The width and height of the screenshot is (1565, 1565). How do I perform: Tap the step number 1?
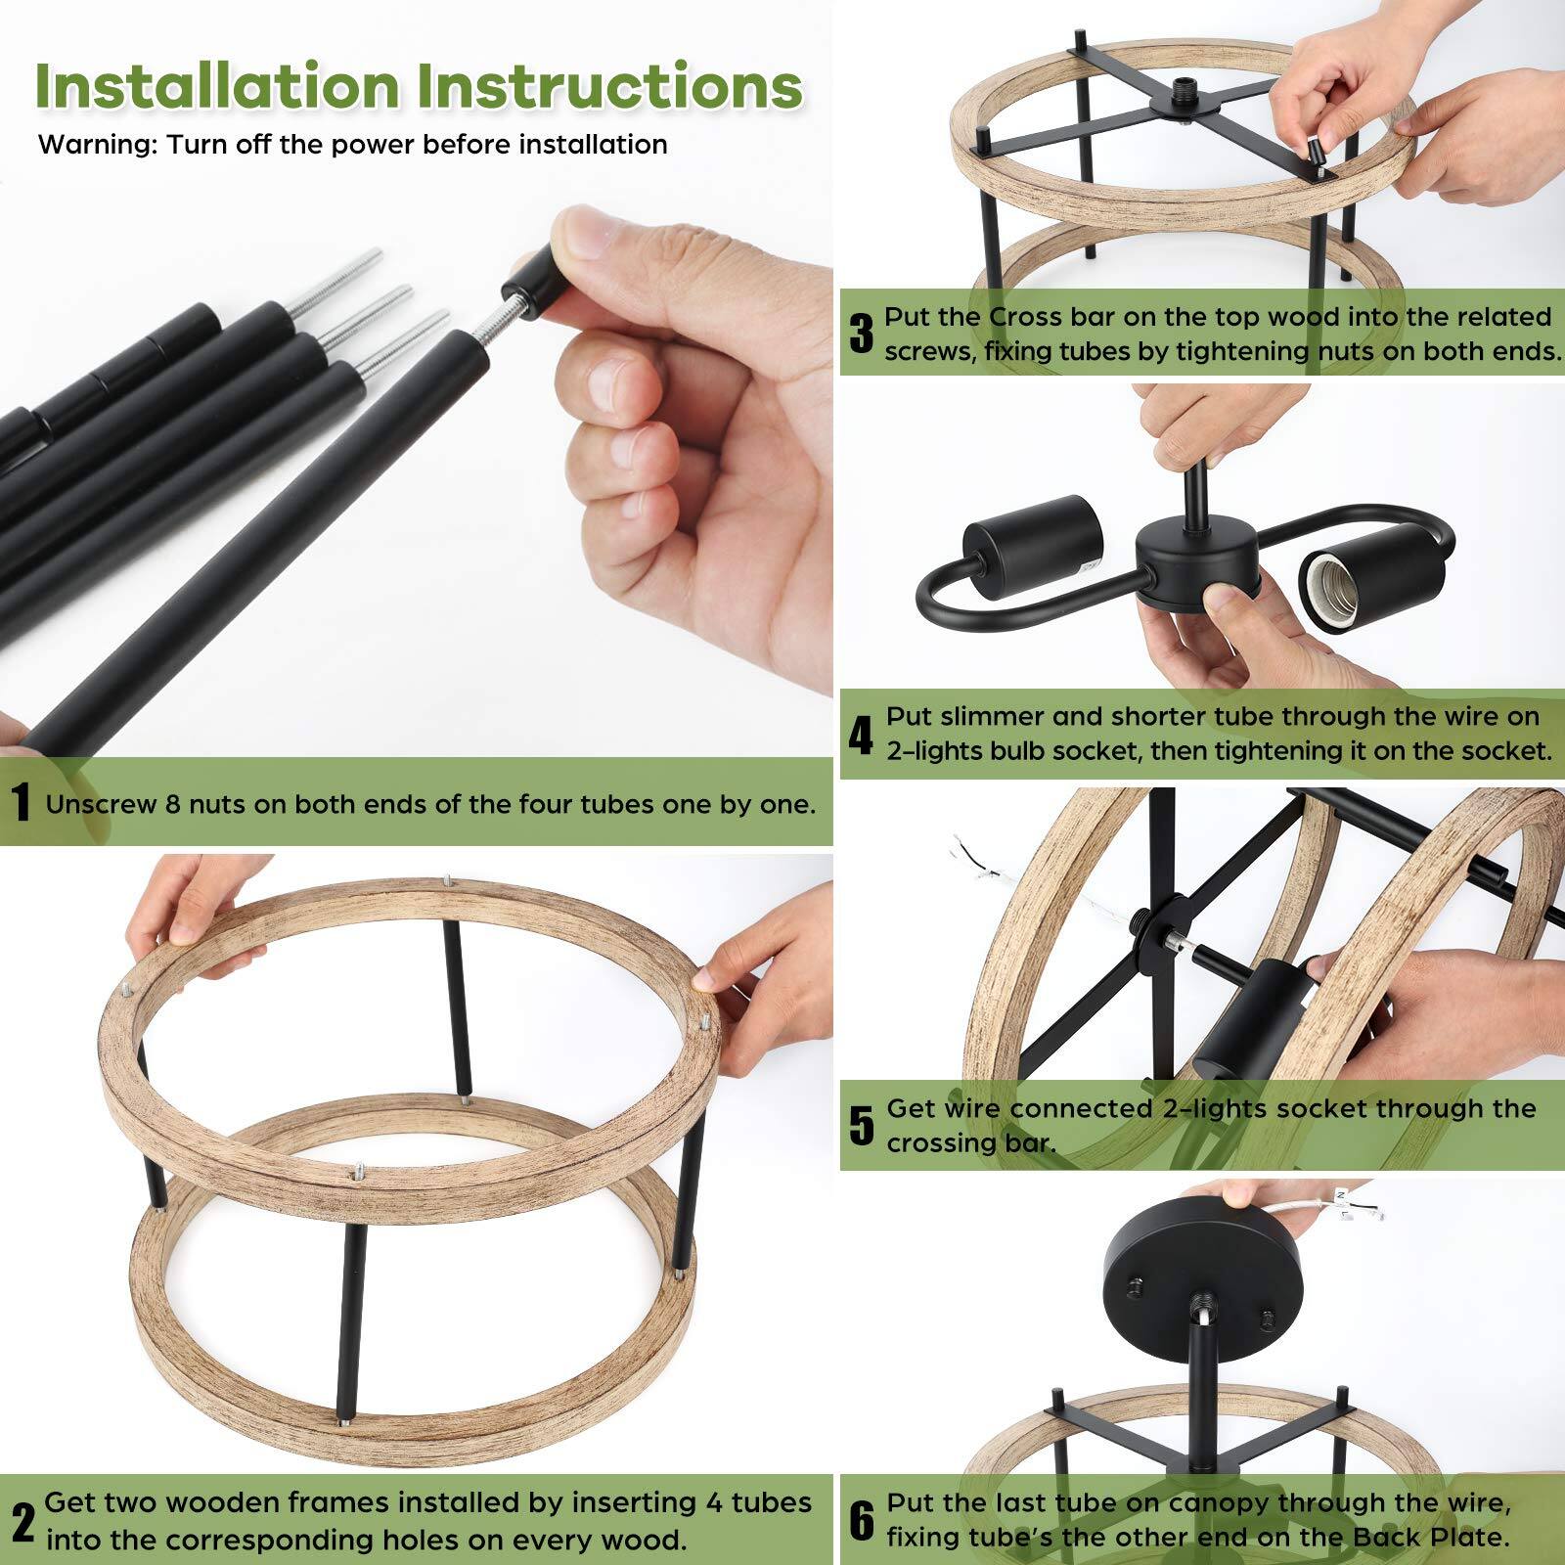click(21, 804)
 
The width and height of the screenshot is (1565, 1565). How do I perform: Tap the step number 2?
click(22, 1521)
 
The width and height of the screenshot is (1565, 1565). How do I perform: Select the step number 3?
click(861, 334)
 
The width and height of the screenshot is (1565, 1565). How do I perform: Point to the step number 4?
click(860, 735)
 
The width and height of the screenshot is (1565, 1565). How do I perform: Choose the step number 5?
click(861, 1126)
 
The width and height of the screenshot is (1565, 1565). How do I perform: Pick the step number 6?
click(861, 1521)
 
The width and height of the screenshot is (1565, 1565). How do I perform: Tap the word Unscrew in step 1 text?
click(101, 804)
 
